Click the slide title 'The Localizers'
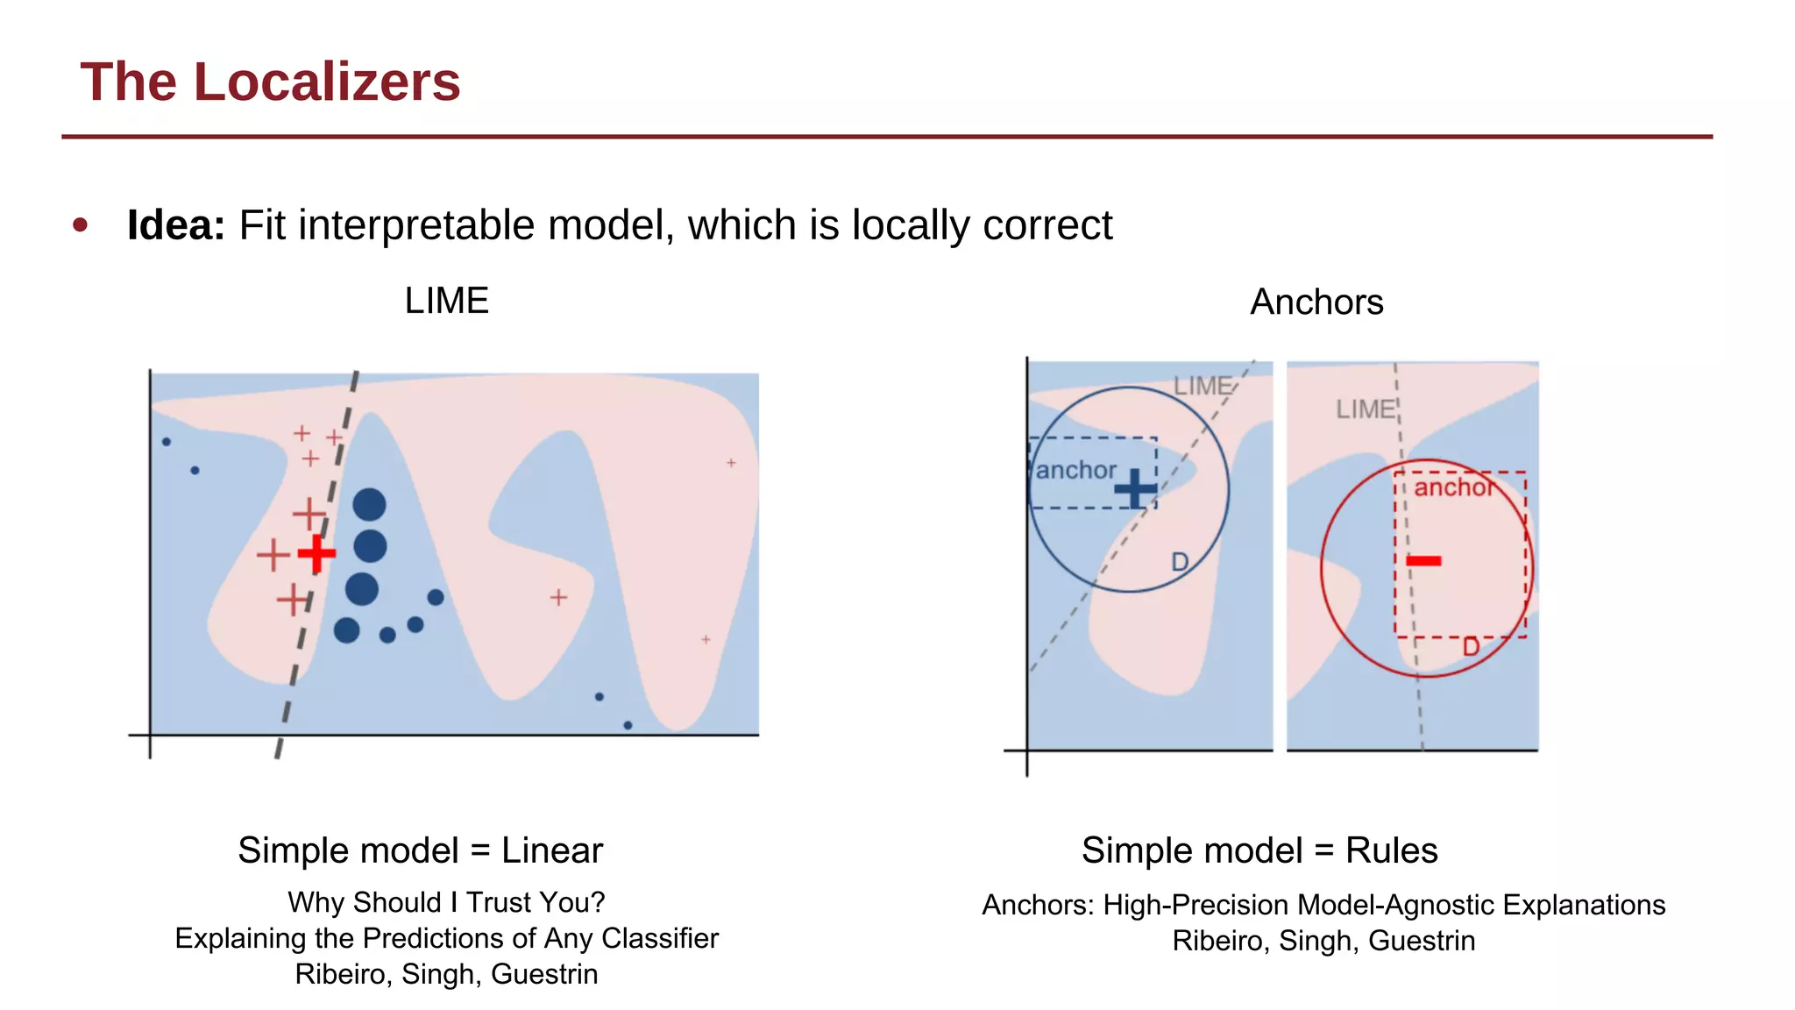coord(270,82)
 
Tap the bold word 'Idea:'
coord(176,225)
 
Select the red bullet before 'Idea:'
coord(81,225)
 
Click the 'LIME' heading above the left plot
coord(446,301)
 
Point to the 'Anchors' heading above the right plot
coord(1316,302)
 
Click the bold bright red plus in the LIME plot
coord(316,553)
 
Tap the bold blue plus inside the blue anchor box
coord(1135,489)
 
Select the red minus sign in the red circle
coord(1424,560)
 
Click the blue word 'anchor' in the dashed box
coord(1075,471)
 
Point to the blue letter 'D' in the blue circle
coord(1180,562)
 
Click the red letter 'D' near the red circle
coord(1471,647)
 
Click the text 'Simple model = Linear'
coord(421,850)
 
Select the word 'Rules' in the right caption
coord(1392,850)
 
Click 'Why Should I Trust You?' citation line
coord(446,902)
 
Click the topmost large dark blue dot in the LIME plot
coord(369,504)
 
